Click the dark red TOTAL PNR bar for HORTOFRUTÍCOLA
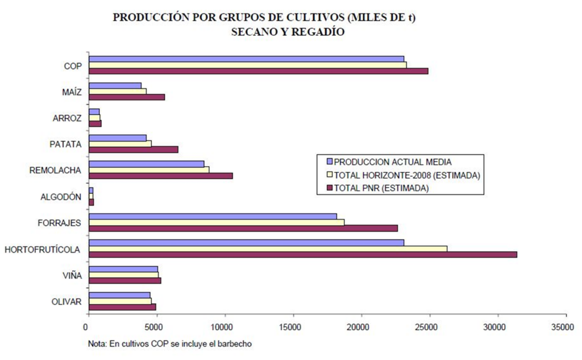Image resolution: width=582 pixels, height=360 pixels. (x=303, y=255)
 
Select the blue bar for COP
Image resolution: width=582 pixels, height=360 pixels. (x=246, y=59)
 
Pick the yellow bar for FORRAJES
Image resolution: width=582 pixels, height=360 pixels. (x=217, y=222)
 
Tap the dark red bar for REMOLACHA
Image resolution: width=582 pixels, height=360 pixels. (x=161, y=176)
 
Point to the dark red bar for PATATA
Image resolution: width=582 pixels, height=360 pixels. (x=134, y=150)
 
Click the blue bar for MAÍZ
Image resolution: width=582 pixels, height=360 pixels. (x=115, y=85)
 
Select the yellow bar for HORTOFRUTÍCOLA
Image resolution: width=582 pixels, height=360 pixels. (x=268, y=249)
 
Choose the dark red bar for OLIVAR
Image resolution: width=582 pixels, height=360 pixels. (x=122, y=307)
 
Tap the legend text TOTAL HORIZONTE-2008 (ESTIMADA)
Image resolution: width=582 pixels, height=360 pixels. (x=408, y=175)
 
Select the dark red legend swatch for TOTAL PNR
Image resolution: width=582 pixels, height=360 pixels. (x=328, y=187)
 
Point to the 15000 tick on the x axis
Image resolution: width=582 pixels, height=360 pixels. (x=293, y=314)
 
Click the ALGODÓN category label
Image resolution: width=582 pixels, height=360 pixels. (x=60, y=197)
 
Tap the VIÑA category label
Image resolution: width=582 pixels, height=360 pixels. (x=72, y=276)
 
